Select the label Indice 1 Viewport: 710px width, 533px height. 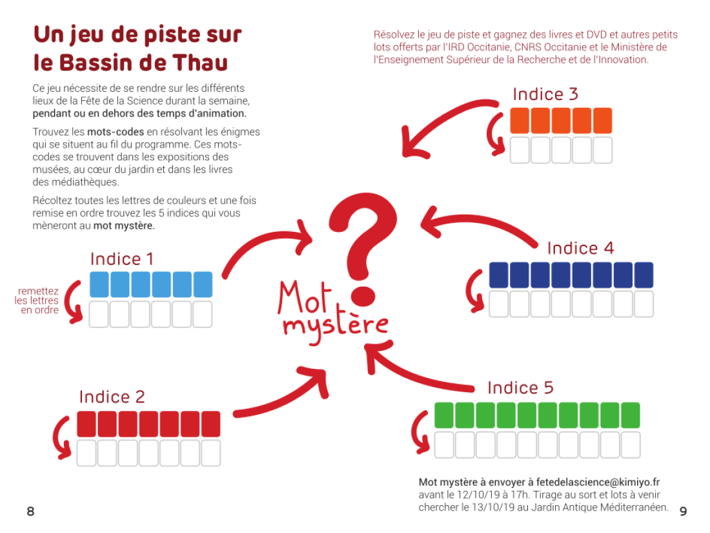(122, 259)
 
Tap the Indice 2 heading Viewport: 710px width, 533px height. (112, 397)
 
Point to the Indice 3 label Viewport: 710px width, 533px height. (545, 94)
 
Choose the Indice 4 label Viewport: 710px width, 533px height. (581, 248)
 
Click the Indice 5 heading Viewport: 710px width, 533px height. (520, 388)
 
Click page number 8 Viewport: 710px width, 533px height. (30, 512)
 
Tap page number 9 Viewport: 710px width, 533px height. (683, 512)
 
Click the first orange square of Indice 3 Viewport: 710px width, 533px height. (520, 121)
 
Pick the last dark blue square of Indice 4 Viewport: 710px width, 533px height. (644, 275)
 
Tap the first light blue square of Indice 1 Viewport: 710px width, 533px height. (99, 285)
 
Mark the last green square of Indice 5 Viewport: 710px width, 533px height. (629, 415)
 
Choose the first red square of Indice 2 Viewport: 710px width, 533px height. (86, 424)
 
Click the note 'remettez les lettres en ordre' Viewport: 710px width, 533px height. (37, 300)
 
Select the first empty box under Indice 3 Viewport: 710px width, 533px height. (520, 150)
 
